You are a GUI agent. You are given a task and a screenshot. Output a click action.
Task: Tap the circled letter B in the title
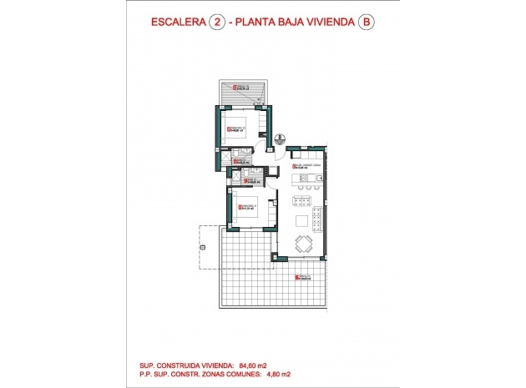point(365,23)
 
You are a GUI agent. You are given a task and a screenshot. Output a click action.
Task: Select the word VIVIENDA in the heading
point(325,23)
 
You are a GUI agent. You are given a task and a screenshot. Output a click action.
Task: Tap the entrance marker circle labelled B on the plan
point(281,139)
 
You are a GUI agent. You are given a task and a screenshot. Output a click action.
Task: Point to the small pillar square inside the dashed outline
point(201,247)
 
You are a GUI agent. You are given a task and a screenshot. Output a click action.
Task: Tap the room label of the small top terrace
point(243,87)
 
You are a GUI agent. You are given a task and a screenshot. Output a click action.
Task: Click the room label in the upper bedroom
point(236,129)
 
